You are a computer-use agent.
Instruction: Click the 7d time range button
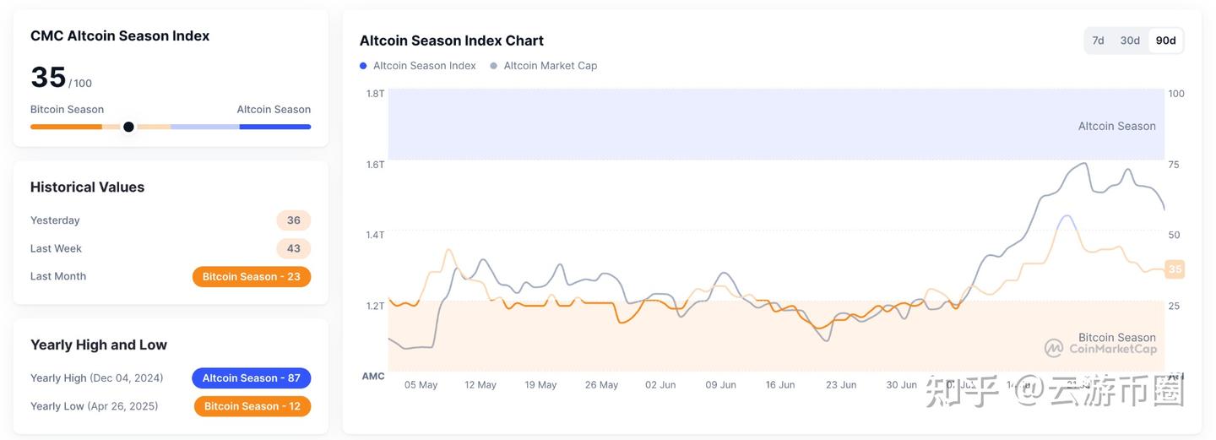(1098, 41)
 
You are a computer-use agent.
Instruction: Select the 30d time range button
(1130, 41)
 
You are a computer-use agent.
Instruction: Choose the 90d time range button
(1166, 41)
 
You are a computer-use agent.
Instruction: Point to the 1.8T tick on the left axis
(375, 94)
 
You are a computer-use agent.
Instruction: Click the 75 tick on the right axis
(1174, 165)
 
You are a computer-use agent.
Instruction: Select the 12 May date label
(480, 385)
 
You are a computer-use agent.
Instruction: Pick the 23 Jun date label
(841, 385)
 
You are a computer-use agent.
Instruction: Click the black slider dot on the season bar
(128, 127)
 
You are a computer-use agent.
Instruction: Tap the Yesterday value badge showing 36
(294, 220)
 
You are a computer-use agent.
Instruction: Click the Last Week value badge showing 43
(294, 248)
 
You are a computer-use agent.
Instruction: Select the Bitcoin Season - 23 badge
(252, 277)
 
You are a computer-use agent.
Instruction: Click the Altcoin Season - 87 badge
(252, 378)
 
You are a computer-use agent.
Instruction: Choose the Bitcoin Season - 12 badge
(252, 406)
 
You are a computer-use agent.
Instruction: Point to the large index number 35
(48, 78)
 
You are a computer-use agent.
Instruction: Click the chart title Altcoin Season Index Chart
(451, 41)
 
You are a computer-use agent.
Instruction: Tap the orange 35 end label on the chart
(1175, 269)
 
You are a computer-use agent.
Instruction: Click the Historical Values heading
(87, 187)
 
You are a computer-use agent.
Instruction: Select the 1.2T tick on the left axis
(375, 306)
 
